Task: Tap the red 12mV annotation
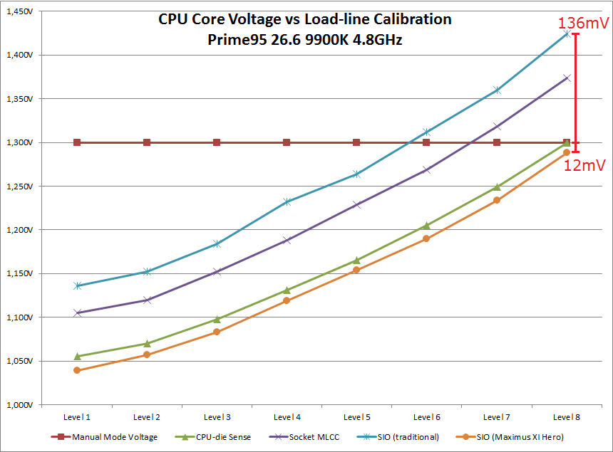click(x=584, y=166)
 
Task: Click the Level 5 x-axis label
click(x=356, y=416)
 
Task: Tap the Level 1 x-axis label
click(x=77, y=416)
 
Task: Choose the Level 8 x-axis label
click(x=566, y=416)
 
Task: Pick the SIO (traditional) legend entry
click(x=409, y=436)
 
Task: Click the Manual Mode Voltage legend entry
click(x=115, y=436)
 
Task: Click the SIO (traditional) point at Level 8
click(x=567, y=33)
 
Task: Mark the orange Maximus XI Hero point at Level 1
click(x=77, y=370)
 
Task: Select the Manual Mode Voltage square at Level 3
click(x=217, y=142)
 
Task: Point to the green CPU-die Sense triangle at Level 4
click(x=287, y=290)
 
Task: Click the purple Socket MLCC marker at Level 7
click(x=497, y=127)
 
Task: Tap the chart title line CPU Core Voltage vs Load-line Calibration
click(x=305, y=19)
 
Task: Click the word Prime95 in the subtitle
click(x=230, y=40)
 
